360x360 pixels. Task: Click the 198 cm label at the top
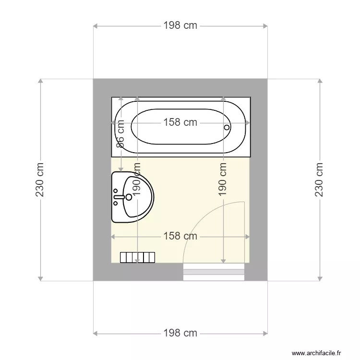coord(180,25)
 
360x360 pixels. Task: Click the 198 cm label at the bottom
coord(180,333)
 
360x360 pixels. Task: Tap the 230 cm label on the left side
coord(40,180)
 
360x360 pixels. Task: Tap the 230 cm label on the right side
coord(319,180)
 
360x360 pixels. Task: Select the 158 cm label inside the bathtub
coord(180,122)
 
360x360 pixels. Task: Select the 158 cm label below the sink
coord(180,236)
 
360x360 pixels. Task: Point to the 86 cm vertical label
coord(120,134)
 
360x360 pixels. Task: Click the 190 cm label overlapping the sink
coord(137,180)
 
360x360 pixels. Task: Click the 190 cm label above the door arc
coord(223,180)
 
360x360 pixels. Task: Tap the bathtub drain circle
coord(227,127)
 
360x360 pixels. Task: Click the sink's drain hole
coord(129,197)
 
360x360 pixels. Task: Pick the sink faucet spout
coord(119,197)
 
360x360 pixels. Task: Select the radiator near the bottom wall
coord(138,257)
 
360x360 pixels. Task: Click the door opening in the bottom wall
coord(214,272)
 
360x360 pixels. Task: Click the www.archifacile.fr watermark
coord(316,353)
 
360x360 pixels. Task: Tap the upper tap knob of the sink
coord(116,191)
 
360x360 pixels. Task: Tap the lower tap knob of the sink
coord(116,203)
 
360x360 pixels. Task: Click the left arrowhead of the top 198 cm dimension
coord(96,26)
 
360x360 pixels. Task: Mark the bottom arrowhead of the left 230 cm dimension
coord(40,278)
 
